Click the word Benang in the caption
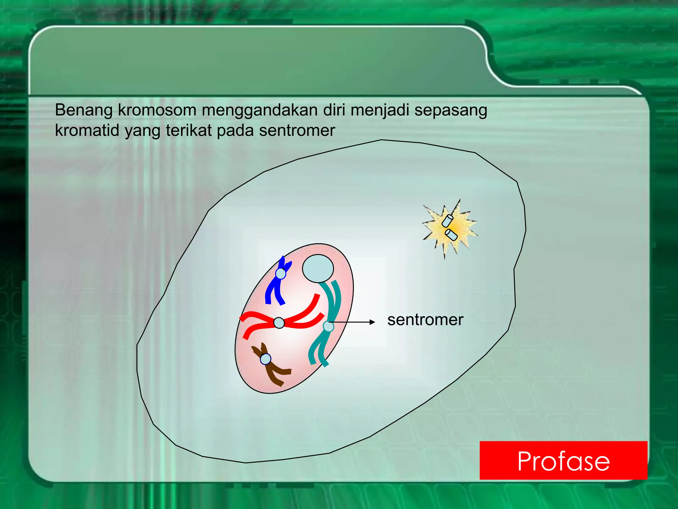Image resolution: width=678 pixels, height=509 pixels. (x=84, y=110)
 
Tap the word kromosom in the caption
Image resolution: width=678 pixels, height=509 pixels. (x=157, y=110)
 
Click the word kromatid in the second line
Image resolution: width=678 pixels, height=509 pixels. (x=87, y=131)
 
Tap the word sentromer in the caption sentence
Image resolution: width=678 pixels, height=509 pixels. (x=297, y=131)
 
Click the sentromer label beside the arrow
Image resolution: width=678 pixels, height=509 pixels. (x=425, y=320)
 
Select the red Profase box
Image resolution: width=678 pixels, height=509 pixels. (x=563, y=460)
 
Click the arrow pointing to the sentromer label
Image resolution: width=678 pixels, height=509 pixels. (x=354, y=322)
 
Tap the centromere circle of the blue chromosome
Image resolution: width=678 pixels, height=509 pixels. (x=281, y=274)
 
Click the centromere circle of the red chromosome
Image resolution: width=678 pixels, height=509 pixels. (x=279, y=322)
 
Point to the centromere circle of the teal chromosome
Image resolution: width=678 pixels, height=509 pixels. (x=328, y=326)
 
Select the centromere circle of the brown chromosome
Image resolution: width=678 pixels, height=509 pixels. (x=266, y=359)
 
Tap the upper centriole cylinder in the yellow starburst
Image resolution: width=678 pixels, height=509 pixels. (x=448, y=221)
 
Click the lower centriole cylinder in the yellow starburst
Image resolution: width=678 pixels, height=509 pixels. (x=451, y=235)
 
